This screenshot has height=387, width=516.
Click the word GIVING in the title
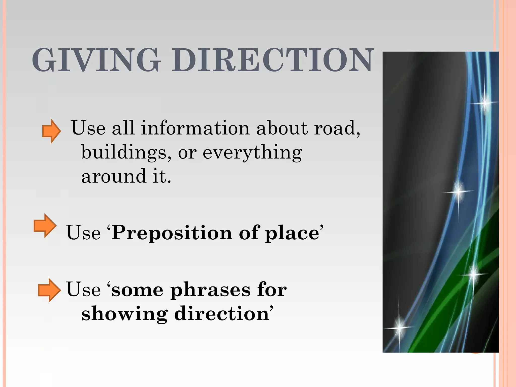point(96,60)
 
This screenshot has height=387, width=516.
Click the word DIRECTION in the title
point(272,60)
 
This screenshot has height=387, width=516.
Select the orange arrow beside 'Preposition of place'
point(45,225)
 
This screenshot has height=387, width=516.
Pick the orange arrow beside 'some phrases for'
point(49,290)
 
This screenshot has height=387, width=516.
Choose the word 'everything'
point(252,152)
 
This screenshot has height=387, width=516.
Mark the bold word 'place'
point(293,233)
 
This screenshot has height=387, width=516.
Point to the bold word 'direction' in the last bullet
point(222,313)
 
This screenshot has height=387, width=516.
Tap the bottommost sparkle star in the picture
point(399,328)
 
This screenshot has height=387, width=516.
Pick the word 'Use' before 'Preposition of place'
point(83,233)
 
